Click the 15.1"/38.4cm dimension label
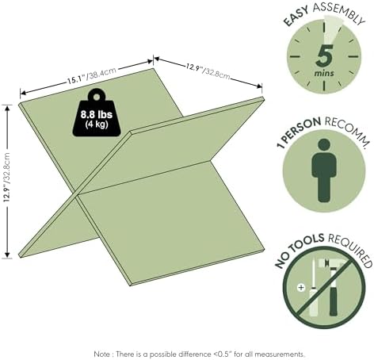[91, 76]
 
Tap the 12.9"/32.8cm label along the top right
[208, 71]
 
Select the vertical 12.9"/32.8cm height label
[6, 178]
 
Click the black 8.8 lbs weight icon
[97, 113]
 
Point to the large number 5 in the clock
[324, 56]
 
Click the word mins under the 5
[324, 73]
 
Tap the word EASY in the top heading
[296, 17]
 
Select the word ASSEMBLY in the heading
[339, 13]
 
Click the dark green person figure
[324, 170]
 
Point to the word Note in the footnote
[102, 354]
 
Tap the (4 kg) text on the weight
[97, 124]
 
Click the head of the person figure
[324, 146]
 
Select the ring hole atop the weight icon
[97, 97]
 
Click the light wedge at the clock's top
[330, 29]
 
